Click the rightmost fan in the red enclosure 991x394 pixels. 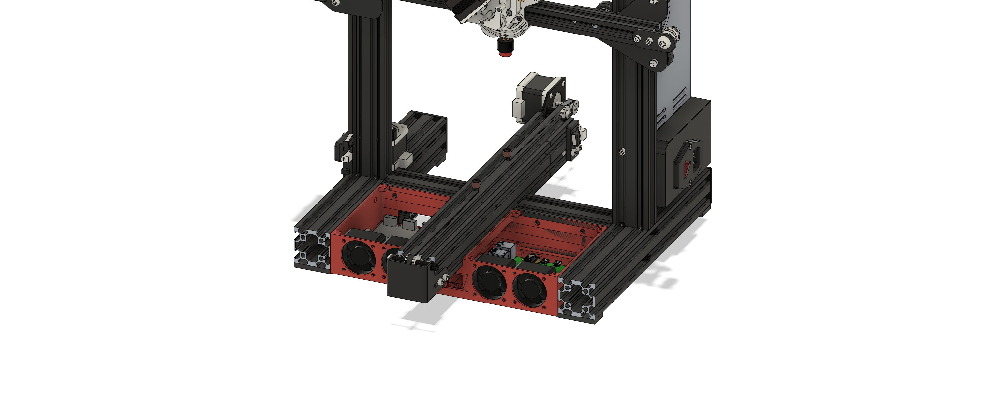coord(530,292)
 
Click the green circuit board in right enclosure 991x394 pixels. coord(540,263)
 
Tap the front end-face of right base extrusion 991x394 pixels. coord(576,301)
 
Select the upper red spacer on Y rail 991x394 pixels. coord(507,153)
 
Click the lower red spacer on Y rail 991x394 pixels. coord(476,185)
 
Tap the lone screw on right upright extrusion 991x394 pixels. coord(622,153)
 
